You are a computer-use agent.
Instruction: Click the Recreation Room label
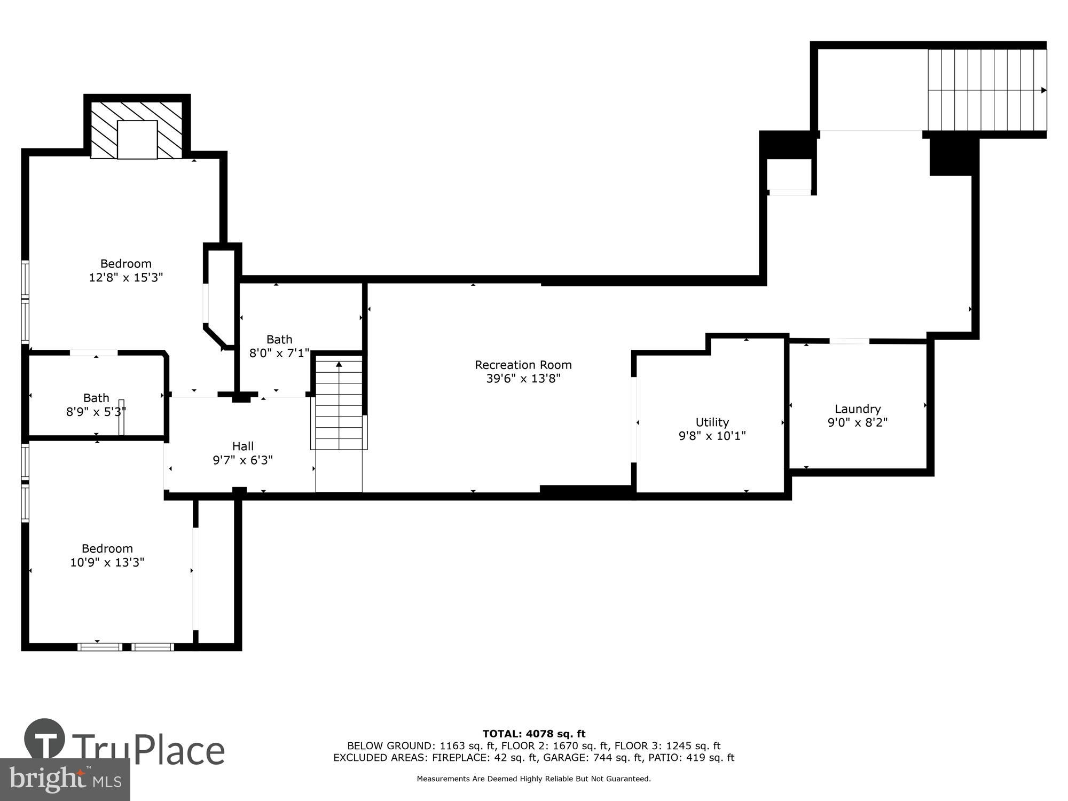[x=523, y=365]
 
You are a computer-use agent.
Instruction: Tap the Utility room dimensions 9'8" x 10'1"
[x=712, y=436]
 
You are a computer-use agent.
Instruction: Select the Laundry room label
[x=857, y=409]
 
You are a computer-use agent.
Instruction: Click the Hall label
[x=242, y=446]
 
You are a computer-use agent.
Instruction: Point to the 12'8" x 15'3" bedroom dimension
[x=125, y=278]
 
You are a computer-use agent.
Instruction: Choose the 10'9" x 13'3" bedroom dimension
[x=107, y=562]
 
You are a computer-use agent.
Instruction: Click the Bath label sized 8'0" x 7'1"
[x=279, y=340]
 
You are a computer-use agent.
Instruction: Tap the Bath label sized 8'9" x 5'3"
[x=96, y=398]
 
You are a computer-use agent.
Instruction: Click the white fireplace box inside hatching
[x=137, y=140]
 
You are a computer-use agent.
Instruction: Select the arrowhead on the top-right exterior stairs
[x=1043, y=90]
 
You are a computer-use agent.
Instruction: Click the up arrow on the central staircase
[x=339, y=365]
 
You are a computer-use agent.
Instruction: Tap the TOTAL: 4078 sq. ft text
[x=534, y=734]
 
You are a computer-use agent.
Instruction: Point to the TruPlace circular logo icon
[x=45, y=740]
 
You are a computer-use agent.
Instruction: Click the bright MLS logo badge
[x=65, y=780]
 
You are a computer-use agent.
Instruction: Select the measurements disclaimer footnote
[x=534, y=779]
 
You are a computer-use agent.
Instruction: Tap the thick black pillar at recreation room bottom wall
[x=586, y=490]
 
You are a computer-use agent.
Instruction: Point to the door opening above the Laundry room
[x=849, y=341]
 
